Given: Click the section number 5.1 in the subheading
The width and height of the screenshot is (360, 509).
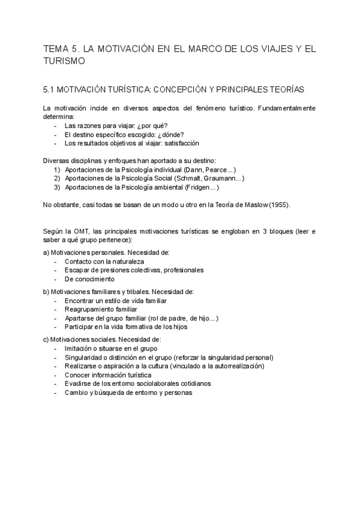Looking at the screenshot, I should (x=50, y=89).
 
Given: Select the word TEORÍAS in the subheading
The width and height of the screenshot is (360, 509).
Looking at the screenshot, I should (x=287, y=89).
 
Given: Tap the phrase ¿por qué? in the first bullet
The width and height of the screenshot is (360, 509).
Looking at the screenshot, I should (x=142, y=126).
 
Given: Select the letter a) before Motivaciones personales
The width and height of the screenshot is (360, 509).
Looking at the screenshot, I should (x=46, y=253).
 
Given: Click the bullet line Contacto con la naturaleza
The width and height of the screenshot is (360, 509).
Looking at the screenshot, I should (x=104, y=262).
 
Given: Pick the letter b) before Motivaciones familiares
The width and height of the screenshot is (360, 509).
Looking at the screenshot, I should (x=46, y=291).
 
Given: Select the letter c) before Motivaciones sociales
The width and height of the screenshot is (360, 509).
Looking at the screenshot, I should (x=46, y=339).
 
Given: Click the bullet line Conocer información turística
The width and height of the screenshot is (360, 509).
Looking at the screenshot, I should (x=112, y=375).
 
